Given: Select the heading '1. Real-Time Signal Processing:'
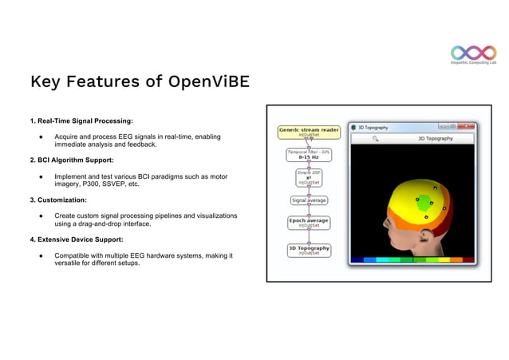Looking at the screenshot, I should (81, 121).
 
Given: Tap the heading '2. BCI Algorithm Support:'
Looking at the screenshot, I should (72, 160).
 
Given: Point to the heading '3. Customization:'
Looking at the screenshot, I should (58, 200).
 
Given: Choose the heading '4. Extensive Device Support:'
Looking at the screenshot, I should (77, 239).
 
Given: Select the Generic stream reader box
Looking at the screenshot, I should (309, 131).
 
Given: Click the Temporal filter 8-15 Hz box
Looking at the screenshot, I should (309, 154).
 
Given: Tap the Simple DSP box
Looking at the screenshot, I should (309, 177).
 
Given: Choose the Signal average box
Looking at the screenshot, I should (309, 200).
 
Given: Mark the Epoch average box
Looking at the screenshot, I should (309, 222).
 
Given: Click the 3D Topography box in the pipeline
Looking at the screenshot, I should (309, 250).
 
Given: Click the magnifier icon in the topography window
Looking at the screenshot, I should (375, 138).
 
